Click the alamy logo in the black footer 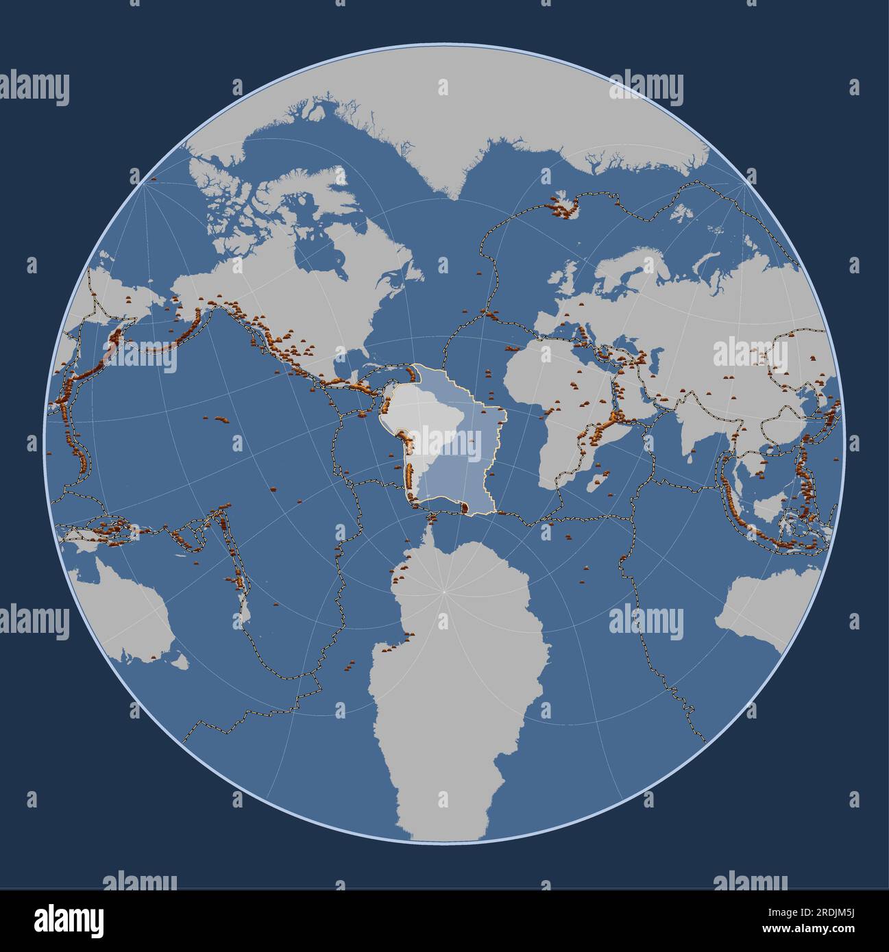[x=69, y=920]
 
